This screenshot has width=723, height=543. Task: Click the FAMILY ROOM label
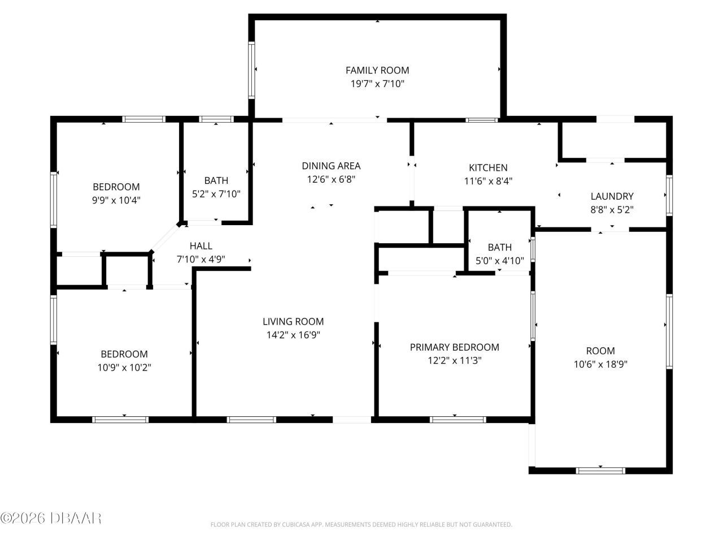click(x=377, y=70)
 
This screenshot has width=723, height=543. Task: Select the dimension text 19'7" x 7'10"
click(x=377, y=84)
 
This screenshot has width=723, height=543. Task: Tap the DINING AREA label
click(x=331, y=166)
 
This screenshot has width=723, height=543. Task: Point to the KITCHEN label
click(x=488, y=167)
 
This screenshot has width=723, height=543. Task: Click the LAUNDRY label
click(x=612, y=196)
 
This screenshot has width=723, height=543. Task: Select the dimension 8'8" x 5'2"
click(x=612, y=210)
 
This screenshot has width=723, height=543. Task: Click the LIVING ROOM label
click(x=293, y=321)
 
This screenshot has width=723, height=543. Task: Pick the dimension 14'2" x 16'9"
click(x=293, y=335)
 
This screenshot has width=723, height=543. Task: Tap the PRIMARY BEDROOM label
click(x=454, y=347)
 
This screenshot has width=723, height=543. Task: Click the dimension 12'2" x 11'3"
click(x=454, y=361)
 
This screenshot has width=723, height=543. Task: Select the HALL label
click(x=201, y=245)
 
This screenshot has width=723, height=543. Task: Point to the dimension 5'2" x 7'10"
click(x=216, y=194)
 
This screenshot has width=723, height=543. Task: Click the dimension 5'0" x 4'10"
click(x=499, y=261)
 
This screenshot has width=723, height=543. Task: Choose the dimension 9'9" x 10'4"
click(x=116, y=200)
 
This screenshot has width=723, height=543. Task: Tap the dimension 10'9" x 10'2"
click(x=124, y=368)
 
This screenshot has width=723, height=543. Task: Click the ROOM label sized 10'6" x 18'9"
click(x=600, y=351)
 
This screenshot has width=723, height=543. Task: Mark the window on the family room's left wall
click(x=251, y=70)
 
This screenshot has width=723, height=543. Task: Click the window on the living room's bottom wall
click(x=251, y=420)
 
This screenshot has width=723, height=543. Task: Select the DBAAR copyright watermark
click(x=51, y=518)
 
